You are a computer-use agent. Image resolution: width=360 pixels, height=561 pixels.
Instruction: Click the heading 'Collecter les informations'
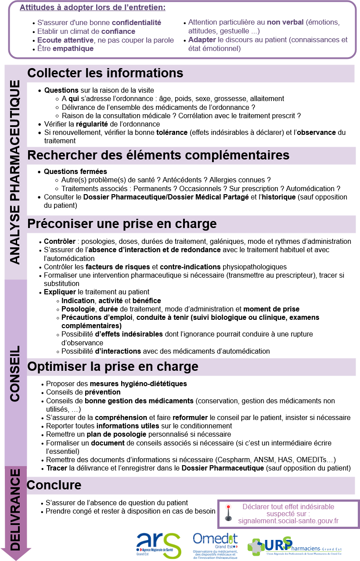[x=105, y=73]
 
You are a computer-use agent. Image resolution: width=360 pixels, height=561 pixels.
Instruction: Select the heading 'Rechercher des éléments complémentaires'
[x=158, y=156]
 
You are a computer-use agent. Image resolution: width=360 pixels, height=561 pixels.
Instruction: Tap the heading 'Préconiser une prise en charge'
[x=122, y=224]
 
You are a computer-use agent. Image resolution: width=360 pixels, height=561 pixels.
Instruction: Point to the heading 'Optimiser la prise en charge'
[x=112, y=366]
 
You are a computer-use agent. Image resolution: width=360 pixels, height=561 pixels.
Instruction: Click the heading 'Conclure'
[x=54, y=485]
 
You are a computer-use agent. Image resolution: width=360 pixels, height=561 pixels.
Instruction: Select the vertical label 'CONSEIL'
[x=15, y=373]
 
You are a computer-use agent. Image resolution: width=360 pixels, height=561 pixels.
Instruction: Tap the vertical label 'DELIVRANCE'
[x=15, y=510]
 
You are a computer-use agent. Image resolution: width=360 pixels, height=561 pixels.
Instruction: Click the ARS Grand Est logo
[x=158, y=545]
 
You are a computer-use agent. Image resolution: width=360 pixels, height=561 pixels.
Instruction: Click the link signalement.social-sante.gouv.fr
[x=288, y=521]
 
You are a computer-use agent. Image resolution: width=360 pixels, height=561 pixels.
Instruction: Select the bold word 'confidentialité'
[x=137, y=23]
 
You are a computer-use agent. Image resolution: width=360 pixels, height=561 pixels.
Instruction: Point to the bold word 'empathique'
[x=73, y=48]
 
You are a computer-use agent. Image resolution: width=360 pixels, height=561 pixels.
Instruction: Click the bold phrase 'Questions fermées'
[x=76, y=171]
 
